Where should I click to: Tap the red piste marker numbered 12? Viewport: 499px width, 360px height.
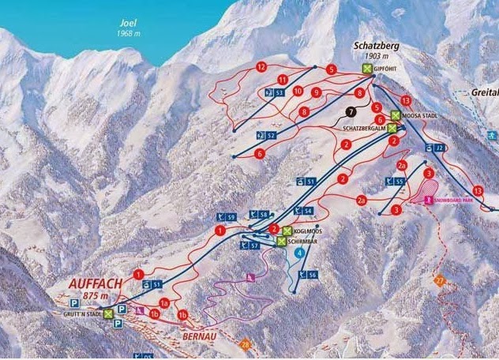pos(261,67)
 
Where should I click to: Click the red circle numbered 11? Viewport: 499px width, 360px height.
pos(281,81)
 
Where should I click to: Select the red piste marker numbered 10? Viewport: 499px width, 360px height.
pos(298,92)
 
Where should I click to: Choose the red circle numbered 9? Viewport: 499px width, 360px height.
pos(315,93)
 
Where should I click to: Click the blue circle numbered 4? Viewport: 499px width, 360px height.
pos(299,253)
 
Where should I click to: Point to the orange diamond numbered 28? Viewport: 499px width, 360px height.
pos(246,345)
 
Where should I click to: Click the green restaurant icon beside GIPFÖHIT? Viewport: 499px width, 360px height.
pos(367,69)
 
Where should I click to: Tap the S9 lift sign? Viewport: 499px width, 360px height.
pos(229,218)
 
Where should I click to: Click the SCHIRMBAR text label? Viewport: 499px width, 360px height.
pos(303,242)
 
